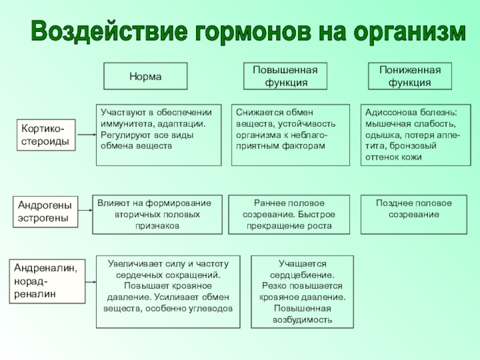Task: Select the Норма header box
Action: (x=146, y=77)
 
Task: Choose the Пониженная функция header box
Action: (x=410, y=76)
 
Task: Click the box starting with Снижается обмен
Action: (x=290, y=134)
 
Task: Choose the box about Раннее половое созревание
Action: (x=289, y=214)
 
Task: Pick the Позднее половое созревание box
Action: (x=413, y=214)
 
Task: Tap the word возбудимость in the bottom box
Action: (x=302, y=319)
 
